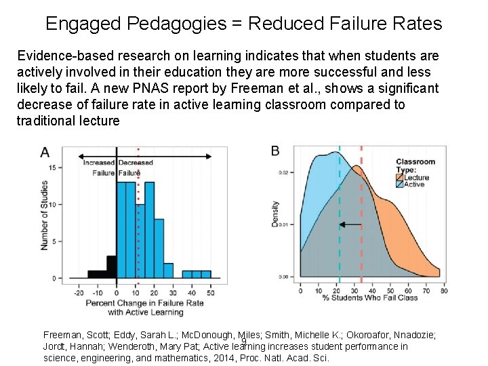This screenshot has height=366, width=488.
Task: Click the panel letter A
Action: click(45, 152)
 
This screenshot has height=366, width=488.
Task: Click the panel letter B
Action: click(275, 150)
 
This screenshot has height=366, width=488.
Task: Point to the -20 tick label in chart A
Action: click(79, 292)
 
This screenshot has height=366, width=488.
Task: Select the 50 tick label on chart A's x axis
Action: click(210, 292)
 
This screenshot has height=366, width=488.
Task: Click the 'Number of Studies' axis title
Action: click(45, 214)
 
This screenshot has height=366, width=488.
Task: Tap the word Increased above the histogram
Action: click(99, 163)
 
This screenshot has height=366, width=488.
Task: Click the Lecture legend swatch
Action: click(399, 177)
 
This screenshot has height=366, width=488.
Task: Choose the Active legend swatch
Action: click(399, 184)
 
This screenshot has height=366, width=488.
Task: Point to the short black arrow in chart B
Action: click(350, 224)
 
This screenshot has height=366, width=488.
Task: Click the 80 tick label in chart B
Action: click(443, 290)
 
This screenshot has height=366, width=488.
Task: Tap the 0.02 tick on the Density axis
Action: click(284, 172)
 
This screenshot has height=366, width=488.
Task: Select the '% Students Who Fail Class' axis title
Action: click(370, 298)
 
